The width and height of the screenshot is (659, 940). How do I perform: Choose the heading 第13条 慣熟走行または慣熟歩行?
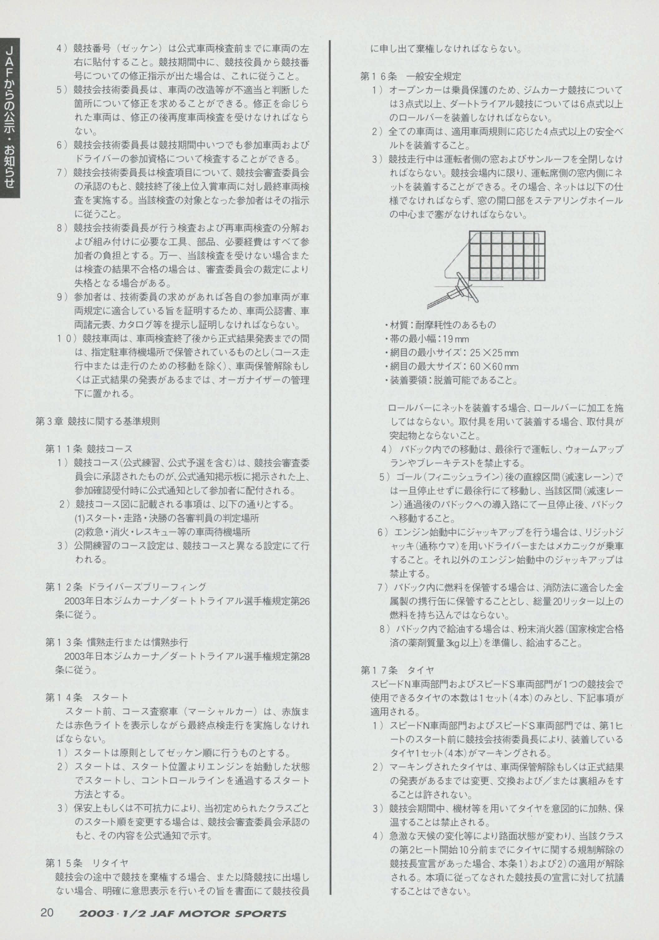(117, 642)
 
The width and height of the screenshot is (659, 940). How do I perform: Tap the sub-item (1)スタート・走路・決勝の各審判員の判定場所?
(167, 518)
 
